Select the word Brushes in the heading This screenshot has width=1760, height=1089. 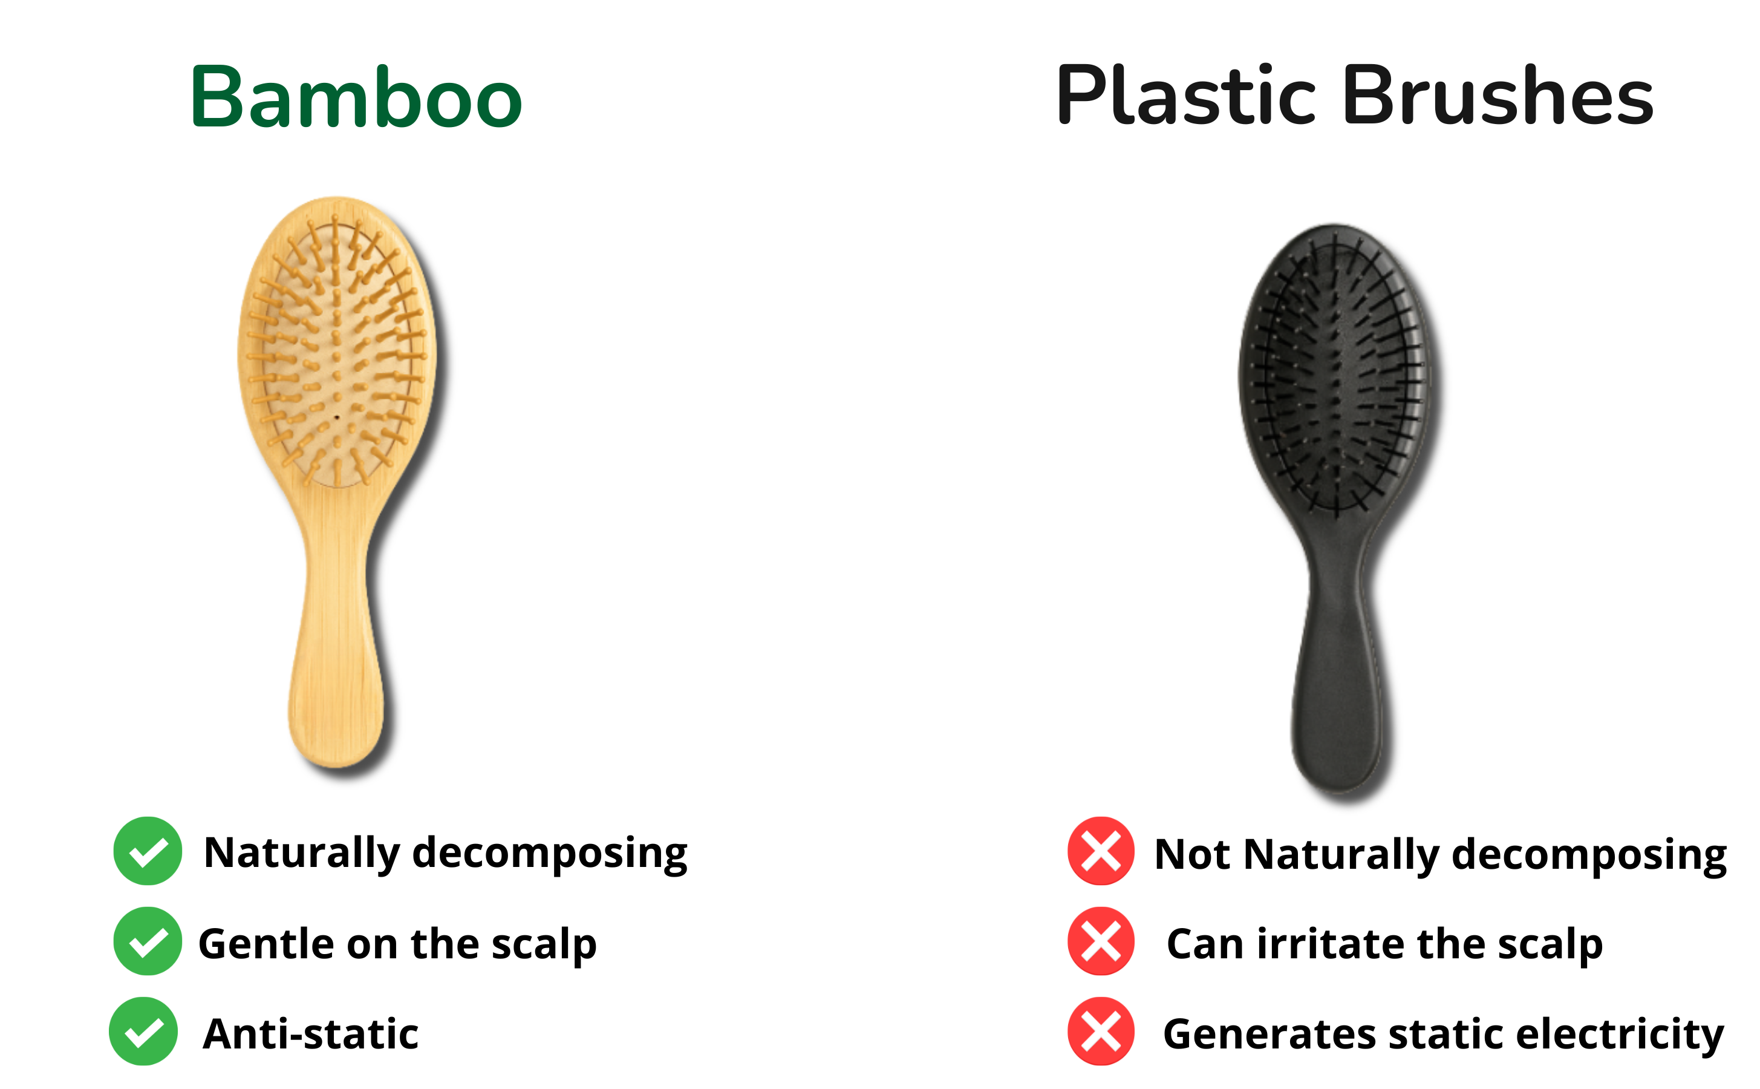(x=1498, y=96)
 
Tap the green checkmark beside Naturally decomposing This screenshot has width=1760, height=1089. (x=148, y=851)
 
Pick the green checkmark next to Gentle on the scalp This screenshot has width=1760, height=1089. (x=148, y=941)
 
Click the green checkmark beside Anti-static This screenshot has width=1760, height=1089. (x=143, y=1031)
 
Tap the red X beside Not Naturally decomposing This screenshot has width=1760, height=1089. (x=1101, y=851)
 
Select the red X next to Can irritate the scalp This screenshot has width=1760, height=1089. (x=1101, y=941)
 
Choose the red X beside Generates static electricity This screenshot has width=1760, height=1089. (x=1101, y=1031)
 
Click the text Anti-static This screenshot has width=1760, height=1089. (x=310, y=1035)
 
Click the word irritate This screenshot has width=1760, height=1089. (x=1330, y=944)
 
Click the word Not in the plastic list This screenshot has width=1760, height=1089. (x=1191, y=855)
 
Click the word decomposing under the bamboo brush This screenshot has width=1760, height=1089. (x=550, y=855)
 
